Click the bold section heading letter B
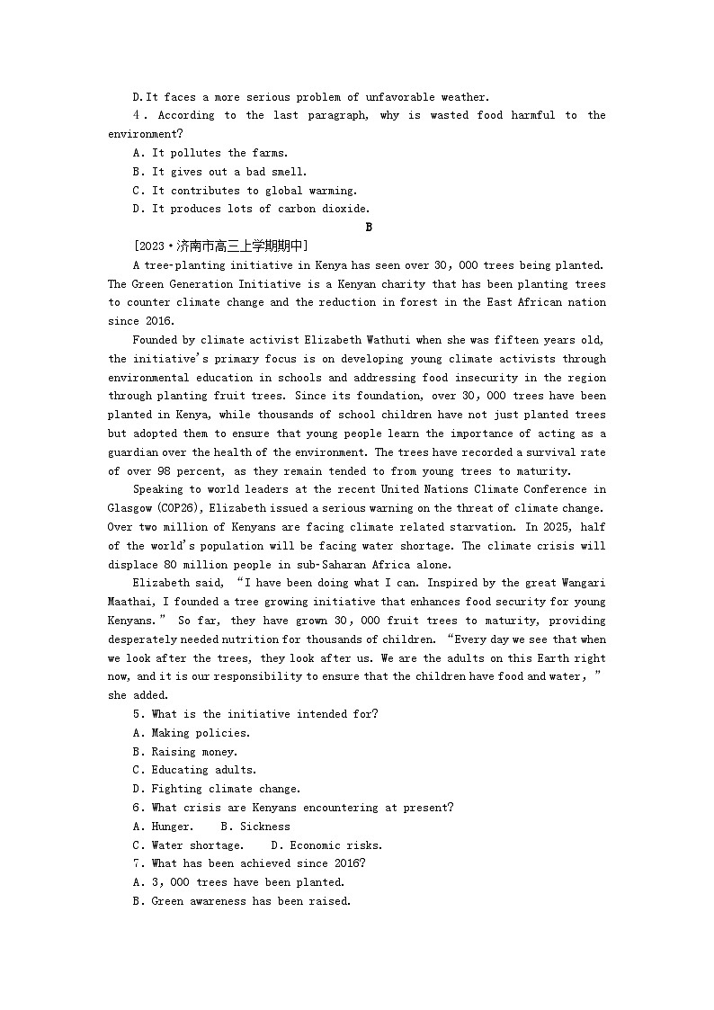click(x=369, y=228)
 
